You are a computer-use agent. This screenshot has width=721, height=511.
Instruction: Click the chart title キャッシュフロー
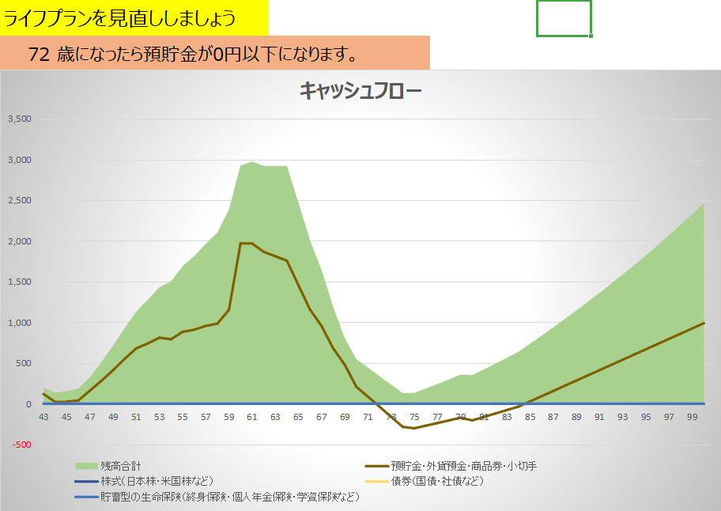[x=360, y=91]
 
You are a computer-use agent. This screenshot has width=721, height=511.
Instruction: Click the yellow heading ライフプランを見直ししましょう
[x=120, y=17]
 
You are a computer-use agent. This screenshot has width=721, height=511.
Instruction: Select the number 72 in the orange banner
[x=40, y=55]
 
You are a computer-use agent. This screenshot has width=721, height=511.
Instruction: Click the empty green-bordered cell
[x=563, y=18]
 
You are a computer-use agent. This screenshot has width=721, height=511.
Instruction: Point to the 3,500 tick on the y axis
[x=18, y=119]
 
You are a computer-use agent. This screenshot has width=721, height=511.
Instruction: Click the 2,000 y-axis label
[x=18, y=241]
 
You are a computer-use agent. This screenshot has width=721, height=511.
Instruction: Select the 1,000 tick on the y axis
[x=18, y=323]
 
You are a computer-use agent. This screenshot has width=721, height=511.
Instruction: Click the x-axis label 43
[x=43, y=417]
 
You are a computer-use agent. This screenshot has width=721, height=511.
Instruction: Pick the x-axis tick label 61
[x=252, y=417]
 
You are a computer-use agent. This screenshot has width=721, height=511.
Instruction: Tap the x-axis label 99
[x=693, y=417]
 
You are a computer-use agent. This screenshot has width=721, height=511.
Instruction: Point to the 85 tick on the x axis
[x=530, y=417]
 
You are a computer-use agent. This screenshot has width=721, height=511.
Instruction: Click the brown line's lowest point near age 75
[x=414, y=428]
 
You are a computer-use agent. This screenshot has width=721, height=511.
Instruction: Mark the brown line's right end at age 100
[x=704, y=323]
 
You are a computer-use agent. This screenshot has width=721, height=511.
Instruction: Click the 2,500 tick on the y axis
[x=18, y=201]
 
